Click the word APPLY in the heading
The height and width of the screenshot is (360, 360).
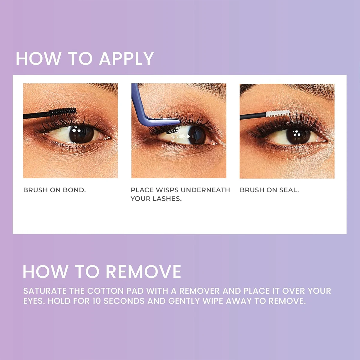click(x=126, y=58)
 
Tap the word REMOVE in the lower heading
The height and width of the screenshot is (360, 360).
click(x=143, y=272)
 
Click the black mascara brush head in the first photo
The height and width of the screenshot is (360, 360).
click(x=63, y=112)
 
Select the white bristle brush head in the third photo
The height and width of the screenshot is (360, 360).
click(x=278, y=114)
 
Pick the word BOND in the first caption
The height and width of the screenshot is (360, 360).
click(x=74, y=190)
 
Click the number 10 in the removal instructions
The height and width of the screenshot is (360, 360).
click(x=97, y=301)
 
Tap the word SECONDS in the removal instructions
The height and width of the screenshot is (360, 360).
click(x=124, y=301)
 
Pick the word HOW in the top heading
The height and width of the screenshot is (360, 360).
click(x=38, y=58)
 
